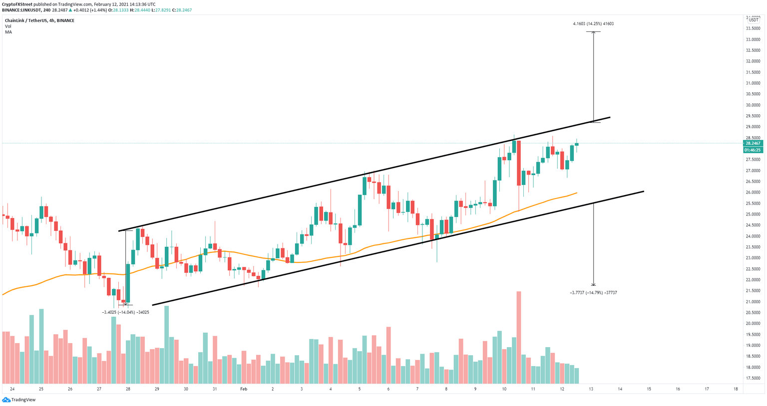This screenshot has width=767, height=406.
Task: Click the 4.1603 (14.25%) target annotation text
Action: tap(593, 23)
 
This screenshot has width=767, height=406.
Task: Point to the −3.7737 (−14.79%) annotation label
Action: tap(593, 293)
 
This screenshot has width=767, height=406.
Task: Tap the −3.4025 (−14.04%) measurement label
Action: tap(125, 312)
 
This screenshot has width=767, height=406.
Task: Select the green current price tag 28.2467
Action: tap(752, 143)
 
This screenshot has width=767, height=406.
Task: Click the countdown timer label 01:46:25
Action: tap(752, 150)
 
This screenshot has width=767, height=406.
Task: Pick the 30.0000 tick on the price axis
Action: tap(753, 105)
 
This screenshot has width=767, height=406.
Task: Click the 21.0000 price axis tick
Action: tap(753, 302)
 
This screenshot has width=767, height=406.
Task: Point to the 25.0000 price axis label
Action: tap(753, 214)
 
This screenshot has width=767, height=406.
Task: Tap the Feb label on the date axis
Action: tap(244, 389)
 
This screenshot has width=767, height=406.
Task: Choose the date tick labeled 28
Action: tap(128, 389)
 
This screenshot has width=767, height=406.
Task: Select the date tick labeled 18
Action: tap(736, 389)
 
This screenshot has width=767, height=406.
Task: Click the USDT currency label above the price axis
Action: tap(754, 20)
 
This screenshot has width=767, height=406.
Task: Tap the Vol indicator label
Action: tap(8, 26)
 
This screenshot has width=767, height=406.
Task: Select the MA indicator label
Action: tap(8, 32)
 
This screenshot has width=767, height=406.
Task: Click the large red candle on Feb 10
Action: tap(519, 163)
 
